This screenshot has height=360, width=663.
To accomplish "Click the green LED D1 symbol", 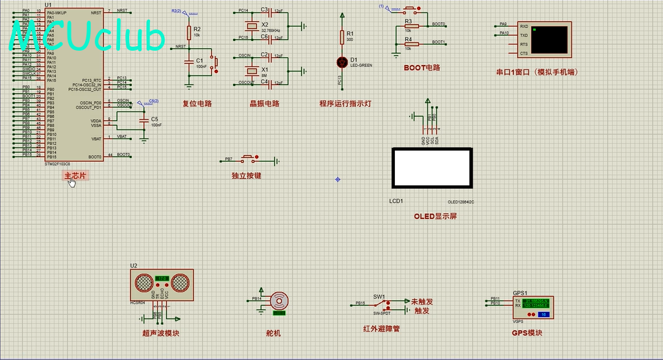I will (x=342, y=62).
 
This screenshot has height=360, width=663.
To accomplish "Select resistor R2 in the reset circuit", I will (x=189, y=32).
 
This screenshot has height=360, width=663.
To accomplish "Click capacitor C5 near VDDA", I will (x=144, y=121).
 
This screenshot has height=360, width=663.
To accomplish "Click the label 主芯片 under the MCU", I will (x=75, y=175).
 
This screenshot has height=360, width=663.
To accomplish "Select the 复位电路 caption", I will (x=197, y=103).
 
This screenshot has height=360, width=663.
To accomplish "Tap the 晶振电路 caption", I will (x=264, y=103).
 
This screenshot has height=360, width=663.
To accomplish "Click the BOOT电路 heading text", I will (x=421, y=68).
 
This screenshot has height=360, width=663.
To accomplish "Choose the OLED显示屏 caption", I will (x=435, y=216).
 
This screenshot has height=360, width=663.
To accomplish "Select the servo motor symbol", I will (x=280, y=301).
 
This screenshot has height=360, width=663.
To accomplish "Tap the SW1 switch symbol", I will (x=386, y=303).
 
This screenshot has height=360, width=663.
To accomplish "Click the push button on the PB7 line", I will (x=248, y=159).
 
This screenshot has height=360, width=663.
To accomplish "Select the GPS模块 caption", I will (x=527, y=333).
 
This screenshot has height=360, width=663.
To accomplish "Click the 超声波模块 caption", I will (x=160, y=333).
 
